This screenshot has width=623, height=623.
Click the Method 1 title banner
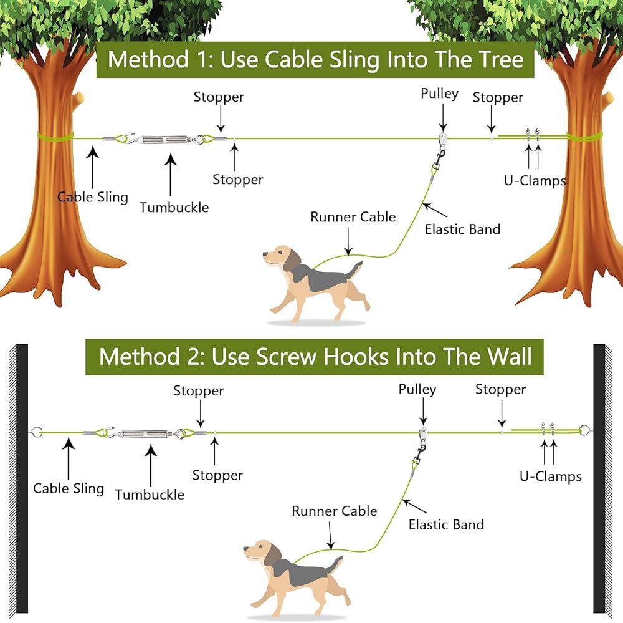pyautogui.click(x=315, y=60)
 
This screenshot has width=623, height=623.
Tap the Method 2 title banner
pyautogui.click(x=314, y=357)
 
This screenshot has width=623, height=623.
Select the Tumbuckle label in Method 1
pyautogui.click(x=174, y=207)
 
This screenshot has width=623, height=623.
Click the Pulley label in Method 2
pyautogui.click(x=417, y=389)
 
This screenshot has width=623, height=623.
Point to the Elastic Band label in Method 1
pyautogui.click(x=462, y=229)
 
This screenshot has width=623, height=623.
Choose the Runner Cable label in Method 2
pyautogui.click(x=334, y=511)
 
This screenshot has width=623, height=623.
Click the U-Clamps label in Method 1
pyautogui.click(x=535, y=181)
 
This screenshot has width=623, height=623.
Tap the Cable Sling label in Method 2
pyautogui.click(x=69, y=488)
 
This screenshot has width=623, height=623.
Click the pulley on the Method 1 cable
pyautogui.click(x=442, y=140)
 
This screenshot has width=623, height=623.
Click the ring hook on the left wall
pyautogui.click(x=36, y=432)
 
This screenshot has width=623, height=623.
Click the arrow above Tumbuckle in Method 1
pyautogui.click(x=171, y=175)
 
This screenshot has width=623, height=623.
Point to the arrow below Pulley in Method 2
pyautogui.click(x=423, y=412)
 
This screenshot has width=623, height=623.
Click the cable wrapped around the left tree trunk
pyautogui.click(x=55, y=136)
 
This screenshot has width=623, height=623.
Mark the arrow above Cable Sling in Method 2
pyautogui.click(x=69, y=459)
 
